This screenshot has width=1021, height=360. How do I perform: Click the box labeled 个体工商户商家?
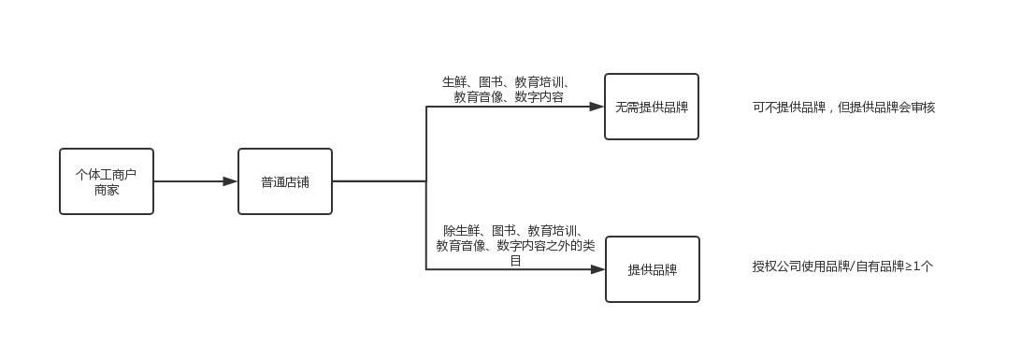click(106, 181)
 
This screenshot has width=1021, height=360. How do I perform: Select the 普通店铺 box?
click(284, 181)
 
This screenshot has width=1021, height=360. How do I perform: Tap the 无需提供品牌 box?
click(651, 107)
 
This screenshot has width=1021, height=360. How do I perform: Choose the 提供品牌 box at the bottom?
click(652, 269)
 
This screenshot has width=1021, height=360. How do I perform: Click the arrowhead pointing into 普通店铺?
click(230, 181)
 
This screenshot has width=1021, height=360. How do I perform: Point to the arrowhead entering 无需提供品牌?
click(597, 107)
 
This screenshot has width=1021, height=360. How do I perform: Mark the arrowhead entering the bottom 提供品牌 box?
click(597, 269)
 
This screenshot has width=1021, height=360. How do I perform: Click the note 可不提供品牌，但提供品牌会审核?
click(843, 108)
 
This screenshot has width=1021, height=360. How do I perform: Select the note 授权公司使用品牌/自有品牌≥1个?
click(842, 266)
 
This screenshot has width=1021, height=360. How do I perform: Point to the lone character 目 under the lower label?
click(515, 260)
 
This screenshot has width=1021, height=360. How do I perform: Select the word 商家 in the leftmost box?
click(107, 190)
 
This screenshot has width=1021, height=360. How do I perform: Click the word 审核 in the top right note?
click(923, 108)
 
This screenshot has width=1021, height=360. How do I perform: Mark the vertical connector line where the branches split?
click(426, 187)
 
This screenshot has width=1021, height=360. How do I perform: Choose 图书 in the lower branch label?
click(504, 231)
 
